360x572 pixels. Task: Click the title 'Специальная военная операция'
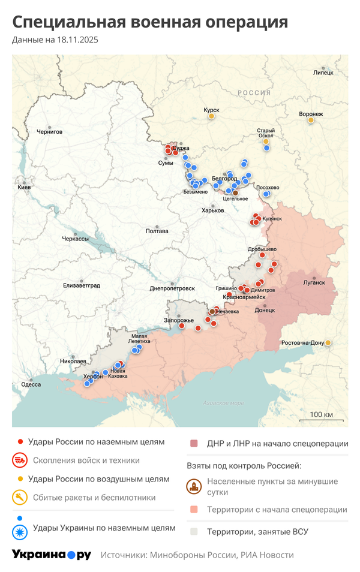(150, 22)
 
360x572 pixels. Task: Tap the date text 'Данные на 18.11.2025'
(55, 40)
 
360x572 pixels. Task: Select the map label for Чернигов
(49, 132)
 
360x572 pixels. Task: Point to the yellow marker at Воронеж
(311, 121)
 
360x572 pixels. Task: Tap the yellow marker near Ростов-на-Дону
(328, 343)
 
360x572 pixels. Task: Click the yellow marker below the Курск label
(211, 116)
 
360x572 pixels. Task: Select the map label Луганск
(314, 282)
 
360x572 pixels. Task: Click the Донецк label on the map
(265, 311)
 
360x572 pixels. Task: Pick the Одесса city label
(31, 385)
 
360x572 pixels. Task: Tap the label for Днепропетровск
(172, 288)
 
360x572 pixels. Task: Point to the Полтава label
(157, 231)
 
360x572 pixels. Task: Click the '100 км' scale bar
(322, 416)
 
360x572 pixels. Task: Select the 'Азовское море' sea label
(223, 403)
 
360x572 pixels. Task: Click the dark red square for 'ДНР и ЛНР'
(194, 444)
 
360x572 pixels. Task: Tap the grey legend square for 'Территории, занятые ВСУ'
(194, 531)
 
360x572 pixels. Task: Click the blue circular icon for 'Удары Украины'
(20, 528)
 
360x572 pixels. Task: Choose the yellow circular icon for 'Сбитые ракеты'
(20, 497)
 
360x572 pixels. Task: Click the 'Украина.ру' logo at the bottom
(52, 555)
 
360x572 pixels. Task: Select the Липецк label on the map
(323, 73)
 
